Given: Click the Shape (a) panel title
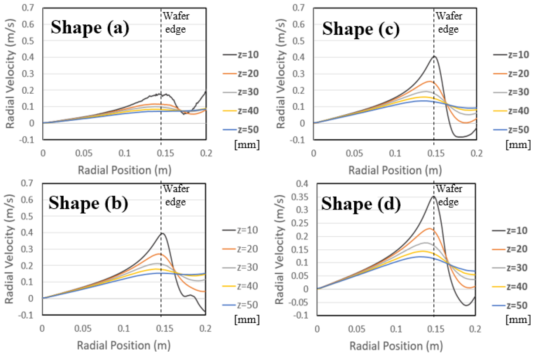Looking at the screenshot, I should [x=90, y=27].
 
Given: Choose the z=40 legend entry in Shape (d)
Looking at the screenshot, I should [x=518, y=286].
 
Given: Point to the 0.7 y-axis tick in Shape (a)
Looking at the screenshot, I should [x=32, y=7].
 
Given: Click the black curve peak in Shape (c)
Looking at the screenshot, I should [x=434, y=56].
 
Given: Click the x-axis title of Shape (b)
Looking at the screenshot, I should [x=124, y=346].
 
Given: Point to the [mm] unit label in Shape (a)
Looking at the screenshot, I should [x=247, y=145].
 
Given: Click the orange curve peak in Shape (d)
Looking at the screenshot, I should [x=430, y=228].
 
